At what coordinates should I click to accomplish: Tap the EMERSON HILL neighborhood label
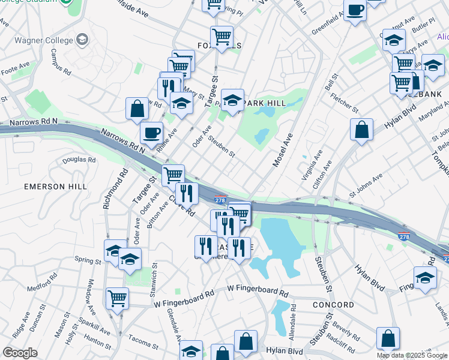(x=52, y=187)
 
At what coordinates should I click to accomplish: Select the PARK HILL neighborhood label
(x=264, y=103)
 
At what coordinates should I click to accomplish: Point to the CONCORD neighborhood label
(x=334, y=305)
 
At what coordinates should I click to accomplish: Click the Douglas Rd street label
(x=79, y=160)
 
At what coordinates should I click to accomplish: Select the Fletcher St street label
(x=347, y=103)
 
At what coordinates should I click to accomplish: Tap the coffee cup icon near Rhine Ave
(x=151, y=131)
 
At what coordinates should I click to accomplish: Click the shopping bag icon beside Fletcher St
(x=361, y=129)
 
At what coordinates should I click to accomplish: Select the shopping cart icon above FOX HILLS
(x=221, y=37)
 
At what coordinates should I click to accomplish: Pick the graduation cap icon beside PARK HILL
(x=232, y=100)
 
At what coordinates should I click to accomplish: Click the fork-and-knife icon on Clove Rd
(x=187, y=193)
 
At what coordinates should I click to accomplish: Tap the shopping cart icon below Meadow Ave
(x=117, y=298)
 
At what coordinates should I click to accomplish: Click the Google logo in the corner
(x=20, y=353)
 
